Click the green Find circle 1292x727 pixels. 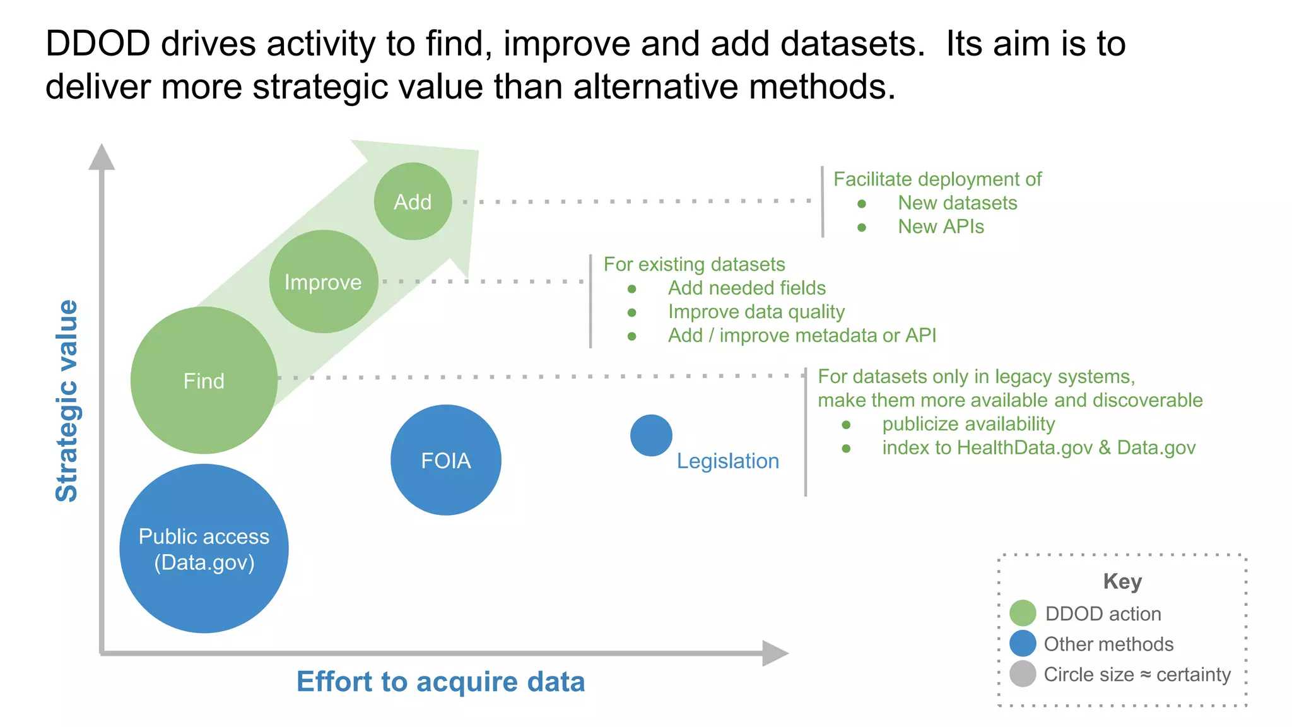point(204,381)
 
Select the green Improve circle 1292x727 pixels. point(323,282)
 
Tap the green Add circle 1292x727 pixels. point(413,202)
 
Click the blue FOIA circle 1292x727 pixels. point(445,460)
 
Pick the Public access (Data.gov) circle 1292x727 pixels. point(204,548)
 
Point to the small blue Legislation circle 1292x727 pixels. point(651,435)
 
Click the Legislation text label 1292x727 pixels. point(727,461)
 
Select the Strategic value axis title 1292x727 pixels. point(67,401)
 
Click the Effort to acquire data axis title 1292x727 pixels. point(440,682)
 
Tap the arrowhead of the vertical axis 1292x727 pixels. point(102,157)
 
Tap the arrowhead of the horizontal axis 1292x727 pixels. point(774,653)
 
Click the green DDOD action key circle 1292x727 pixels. point(1023,613)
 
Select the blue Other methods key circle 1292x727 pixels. point(1023,644)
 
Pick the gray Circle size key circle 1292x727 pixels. point(1023,674)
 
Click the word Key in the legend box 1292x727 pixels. point(1122,581)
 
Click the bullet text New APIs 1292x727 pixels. point(941,227)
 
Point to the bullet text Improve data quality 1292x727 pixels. point(756,312)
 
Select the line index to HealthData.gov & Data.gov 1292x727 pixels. point(1038,448)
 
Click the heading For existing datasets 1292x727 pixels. point(694,264)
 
